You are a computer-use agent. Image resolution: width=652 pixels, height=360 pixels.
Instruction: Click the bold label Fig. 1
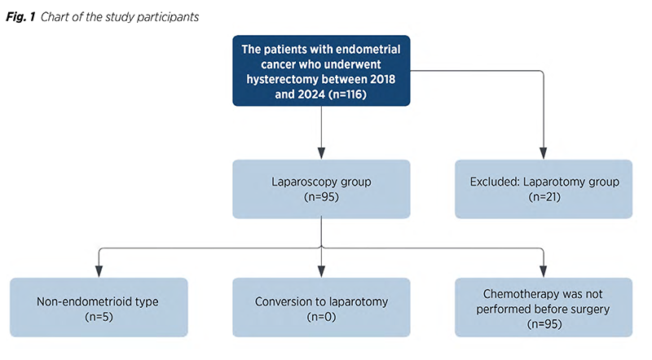pyautogui.click(x=20, y=17)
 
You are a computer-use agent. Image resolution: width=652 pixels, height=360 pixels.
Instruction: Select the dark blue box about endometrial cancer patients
pyautogui.click(x=321, y=71)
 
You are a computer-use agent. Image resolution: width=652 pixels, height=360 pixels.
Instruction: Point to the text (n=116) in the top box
pyautogui.click(x=347, y=94)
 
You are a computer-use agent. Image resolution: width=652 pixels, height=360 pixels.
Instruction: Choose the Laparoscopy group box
pyautogui.click(x=321, y=189)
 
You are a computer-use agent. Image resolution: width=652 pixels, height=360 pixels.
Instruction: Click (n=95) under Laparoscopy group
pyautogui.click(x=321, y=197)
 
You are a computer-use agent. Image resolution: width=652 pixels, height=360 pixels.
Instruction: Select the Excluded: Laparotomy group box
pyautogui.click(x=544, y=189)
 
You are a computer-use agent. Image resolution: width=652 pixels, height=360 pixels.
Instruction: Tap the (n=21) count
pyautogui.click(x=544, y=197)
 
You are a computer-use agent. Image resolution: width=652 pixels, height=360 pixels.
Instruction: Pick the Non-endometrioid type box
pyautogui.click(x=99, y=307)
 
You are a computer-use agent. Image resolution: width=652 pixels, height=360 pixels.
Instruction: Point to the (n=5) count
pyautogui.click(x=99, y=317)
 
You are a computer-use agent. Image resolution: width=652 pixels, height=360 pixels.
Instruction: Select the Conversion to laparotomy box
pyautogui.click(x=321, y=307)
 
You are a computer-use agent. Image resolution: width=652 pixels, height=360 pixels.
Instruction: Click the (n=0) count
pyautogui.click(x=321, y=317)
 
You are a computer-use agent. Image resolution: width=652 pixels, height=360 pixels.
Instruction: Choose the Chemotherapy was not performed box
pyautogui.click(x=544, y=307)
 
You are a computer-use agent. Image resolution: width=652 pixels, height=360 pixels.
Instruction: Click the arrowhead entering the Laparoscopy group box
pyautogui.click(x=321, y=153)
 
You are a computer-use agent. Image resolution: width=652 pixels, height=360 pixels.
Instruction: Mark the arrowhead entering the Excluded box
pyautogui.click(x=543, y=153)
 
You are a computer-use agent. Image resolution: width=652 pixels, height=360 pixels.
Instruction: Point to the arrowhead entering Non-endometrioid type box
pyautogui.click(x=99, y=271)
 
